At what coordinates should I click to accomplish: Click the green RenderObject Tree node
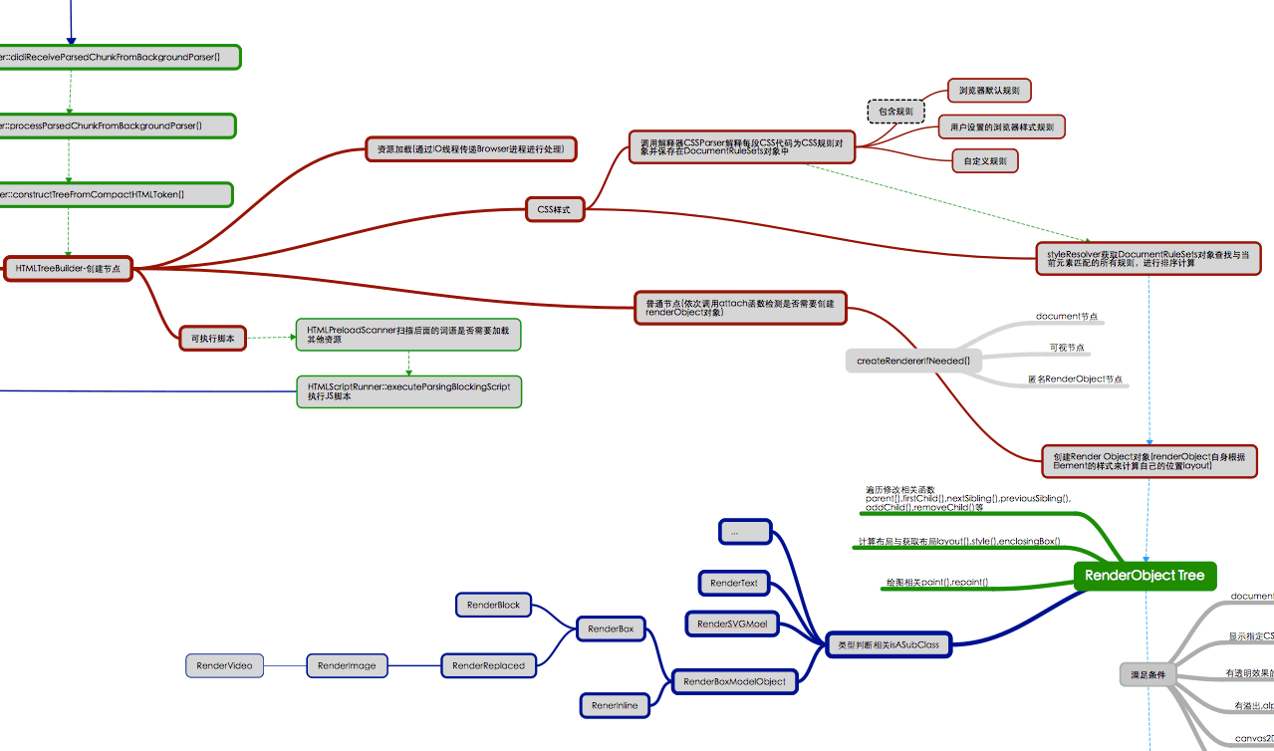coord(1144,576)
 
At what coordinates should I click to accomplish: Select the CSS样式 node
coord(555,209)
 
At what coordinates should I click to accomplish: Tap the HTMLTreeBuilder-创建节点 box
coord(68,269)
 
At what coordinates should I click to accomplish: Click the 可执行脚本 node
coord(212,339)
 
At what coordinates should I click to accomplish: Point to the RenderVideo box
coord(224,665)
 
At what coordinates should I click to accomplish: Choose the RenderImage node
coord(347,665)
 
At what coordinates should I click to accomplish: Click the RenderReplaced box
coord(488,665)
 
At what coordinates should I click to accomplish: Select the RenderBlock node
coord(493,605)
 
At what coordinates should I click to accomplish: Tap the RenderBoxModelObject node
coord(734,681)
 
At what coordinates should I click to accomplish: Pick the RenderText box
coord(734,583)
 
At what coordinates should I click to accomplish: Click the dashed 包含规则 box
coord(895,112)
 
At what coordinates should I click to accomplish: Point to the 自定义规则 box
coord(985,160)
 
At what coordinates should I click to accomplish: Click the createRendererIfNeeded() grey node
coord(913,360)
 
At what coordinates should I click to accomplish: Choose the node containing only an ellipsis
coord(745,532)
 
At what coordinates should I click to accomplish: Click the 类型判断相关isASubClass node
coord(889,644)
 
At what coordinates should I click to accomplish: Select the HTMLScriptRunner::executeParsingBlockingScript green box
coord(408,391)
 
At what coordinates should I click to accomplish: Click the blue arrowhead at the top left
coord(71,40)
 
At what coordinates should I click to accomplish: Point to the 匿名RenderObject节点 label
coord(1075,379)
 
